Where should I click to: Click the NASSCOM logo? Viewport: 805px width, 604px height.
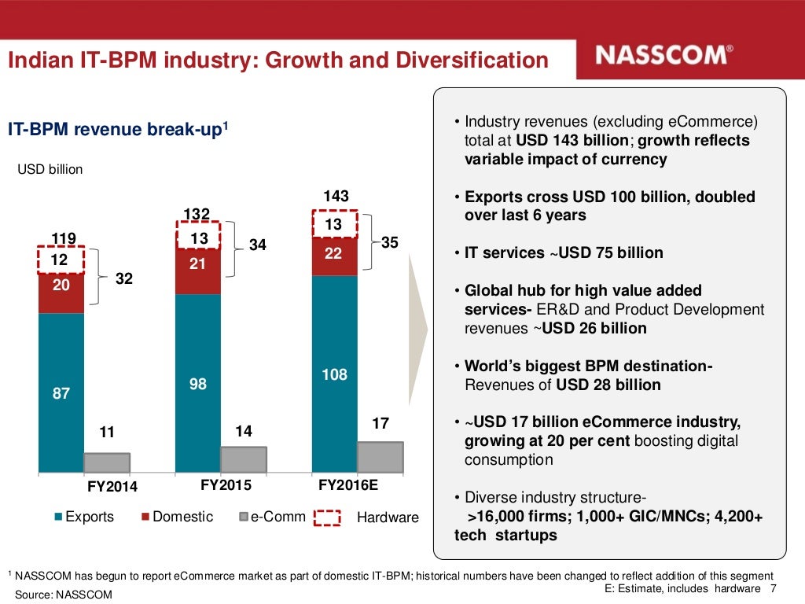pyautogui.click(x=664, y=55)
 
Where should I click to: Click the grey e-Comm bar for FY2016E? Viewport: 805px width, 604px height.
pyautogui.click(x=380, y=456)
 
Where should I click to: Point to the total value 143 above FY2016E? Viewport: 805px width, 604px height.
pyautogui.click(x=336, y=197)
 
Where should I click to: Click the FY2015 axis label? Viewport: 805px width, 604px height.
pyautogui.click(x=226, y=486)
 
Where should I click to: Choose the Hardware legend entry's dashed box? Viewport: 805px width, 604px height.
pyautogui.click(x=327, y=517)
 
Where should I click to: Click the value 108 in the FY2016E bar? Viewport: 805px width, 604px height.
pyautogui.click(x=334, y=375)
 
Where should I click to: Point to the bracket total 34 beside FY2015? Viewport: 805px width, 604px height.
pyautogui.click(x=258, y=245)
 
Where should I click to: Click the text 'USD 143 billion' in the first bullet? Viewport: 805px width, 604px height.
pyautogui.click(x=572, y=141)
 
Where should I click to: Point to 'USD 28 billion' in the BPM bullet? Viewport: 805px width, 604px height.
pyautogui.click(x=608, y=385)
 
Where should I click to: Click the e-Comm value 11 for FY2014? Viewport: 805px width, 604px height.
pyautogui.click(x=107, y=432)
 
